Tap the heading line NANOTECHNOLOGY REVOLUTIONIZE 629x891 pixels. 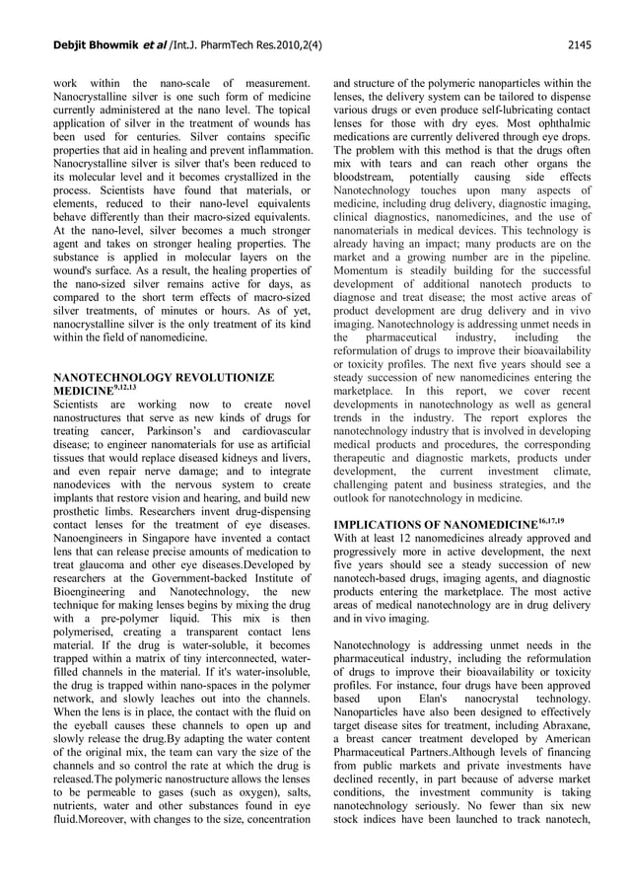(x=163, y=378)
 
